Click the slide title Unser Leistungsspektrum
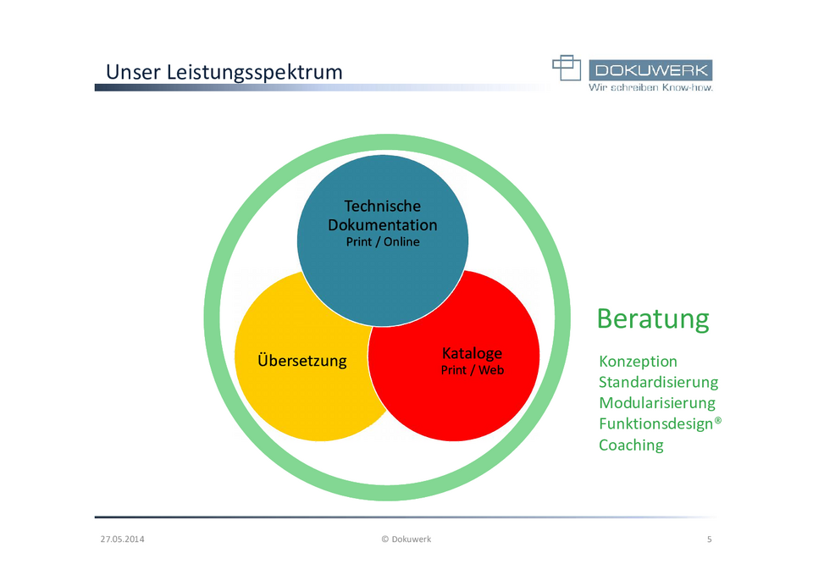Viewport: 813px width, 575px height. tap(224, 72)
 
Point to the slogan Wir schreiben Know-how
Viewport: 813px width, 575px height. tap(650, 87)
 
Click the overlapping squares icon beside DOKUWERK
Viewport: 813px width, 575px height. tap(567, 68)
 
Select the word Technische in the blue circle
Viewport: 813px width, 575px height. tap(382, 206)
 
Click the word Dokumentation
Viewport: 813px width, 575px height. tap(382, 225)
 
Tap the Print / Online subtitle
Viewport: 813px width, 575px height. tap(382, 242)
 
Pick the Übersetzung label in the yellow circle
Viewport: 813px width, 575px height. tap(301, 361)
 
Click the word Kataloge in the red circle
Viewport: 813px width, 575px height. tap(472, 353)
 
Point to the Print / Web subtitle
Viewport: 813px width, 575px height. tap(472, 370)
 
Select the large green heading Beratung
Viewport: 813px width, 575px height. tap(652, 318)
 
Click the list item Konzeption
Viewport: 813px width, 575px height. tap(638, 362)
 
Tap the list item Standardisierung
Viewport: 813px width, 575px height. tap(658, 383)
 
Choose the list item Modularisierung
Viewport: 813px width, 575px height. tap(656, 403)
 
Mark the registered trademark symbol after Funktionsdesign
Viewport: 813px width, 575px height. tap(718, 419)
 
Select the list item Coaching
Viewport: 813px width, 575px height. tap(631, 445)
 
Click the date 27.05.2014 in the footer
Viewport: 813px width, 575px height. tap(122, 539)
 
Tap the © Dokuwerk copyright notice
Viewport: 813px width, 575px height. tap(406, 539)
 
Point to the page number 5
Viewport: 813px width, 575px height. tap(710, 539)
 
